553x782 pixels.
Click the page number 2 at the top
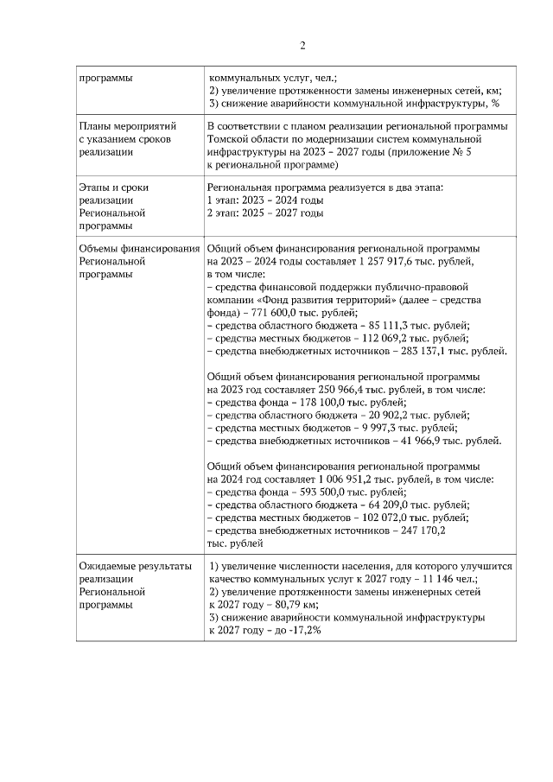point(302,46)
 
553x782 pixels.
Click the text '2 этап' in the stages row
point(222,213)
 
